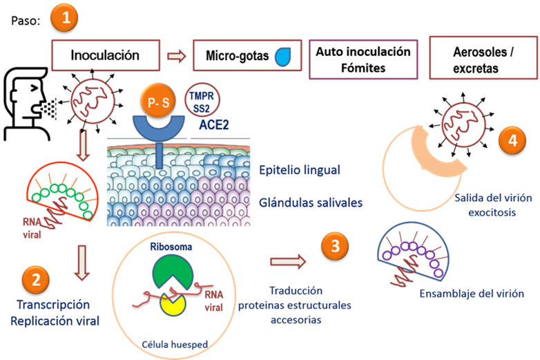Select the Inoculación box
tap(106, 56)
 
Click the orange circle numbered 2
tap(36, 279)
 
